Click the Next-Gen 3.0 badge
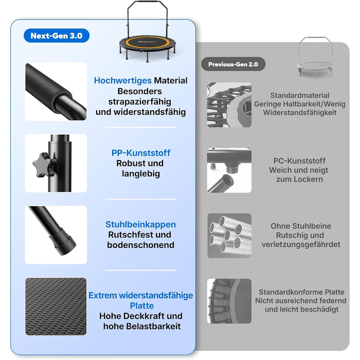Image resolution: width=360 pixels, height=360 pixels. (x=57, y=35)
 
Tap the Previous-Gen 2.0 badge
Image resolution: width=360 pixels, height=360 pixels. (x=233, y=64)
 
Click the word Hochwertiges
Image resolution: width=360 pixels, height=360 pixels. (x=122, y=81)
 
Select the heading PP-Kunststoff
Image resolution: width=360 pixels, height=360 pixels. (x=141, y=153)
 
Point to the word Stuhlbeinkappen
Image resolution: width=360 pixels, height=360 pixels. (x=140, y=224)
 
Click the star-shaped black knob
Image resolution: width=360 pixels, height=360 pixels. (x=44, y=165)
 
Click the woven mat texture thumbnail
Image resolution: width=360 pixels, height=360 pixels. (x=56, y=307)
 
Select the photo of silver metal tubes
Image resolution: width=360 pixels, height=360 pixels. (x=229, y=236)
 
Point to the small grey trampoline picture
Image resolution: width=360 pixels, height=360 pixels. (x=315, y=58)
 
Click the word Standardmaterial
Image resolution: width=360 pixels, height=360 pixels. (x=300, y=95)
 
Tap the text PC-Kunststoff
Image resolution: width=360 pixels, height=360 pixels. (x=299, y=161)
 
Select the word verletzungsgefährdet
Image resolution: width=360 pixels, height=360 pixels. (x=301, y=244)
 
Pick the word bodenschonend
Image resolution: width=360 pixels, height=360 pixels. (x=140, y=245)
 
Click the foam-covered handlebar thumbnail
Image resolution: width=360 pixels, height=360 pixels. (x=56, y=92)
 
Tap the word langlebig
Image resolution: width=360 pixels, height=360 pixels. (x=141, y=174)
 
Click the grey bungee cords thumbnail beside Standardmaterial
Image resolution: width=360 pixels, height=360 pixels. (x=229, y=105)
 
